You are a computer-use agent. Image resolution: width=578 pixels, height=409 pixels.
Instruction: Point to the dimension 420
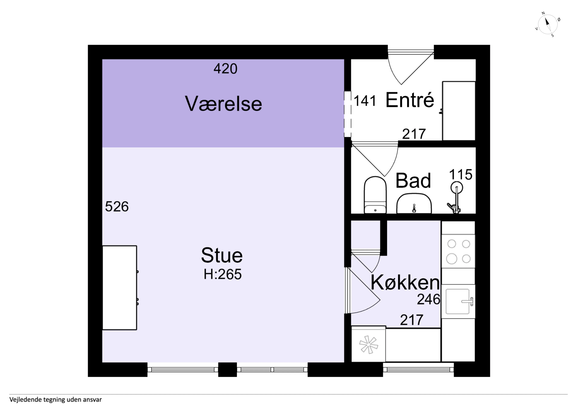(225, 69)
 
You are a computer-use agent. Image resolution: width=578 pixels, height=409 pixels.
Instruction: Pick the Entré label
(410, 100)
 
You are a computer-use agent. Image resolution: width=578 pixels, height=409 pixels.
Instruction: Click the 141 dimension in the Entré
(365, 101)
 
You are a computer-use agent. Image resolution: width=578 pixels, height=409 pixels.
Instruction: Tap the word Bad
(413, 180)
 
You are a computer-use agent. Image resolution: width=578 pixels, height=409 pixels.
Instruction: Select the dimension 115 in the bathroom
(461, 174)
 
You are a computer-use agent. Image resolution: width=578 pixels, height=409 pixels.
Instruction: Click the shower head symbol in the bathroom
(456, 188)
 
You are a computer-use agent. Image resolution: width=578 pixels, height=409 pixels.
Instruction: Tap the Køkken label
(405, 282)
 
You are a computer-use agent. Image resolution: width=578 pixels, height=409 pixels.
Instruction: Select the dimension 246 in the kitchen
(429, 299)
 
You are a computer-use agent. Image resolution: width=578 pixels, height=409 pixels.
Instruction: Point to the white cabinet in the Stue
(120, 288)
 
